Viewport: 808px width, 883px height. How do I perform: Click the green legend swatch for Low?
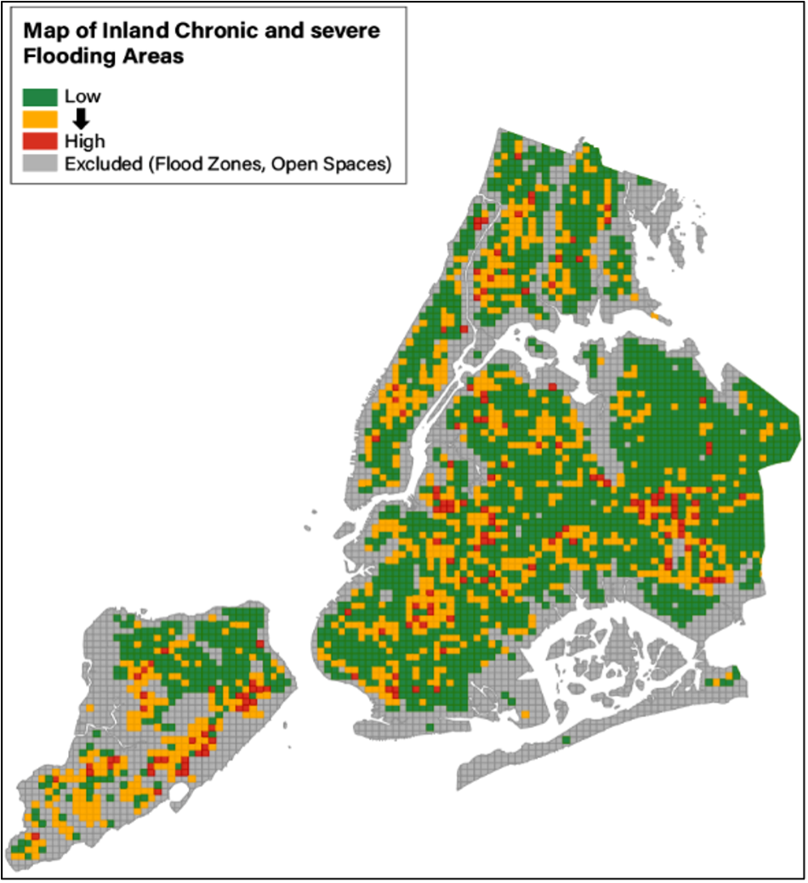pyautogui.click(x=40, y=96)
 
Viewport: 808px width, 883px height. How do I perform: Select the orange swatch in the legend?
pyautogui.click(x=40, y=118)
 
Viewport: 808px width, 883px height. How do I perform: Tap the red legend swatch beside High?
pyautogui.click(x=40, y=140)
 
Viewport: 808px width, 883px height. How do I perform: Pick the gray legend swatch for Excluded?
pyautogui.click(x=40, y=163)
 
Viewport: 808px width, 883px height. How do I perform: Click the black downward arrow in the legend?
pyautogui.click(x=81, y=119)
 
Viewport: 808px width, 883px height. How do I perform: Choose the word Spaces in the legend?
pyautogui.click(x=357, y=164)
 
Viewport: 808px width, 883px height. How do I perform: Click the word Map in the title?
pyautogui.click(x=42, y=32)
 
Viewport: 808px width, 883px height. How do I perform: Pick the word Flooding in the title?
pyautogui.click(x=62, y=57)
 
